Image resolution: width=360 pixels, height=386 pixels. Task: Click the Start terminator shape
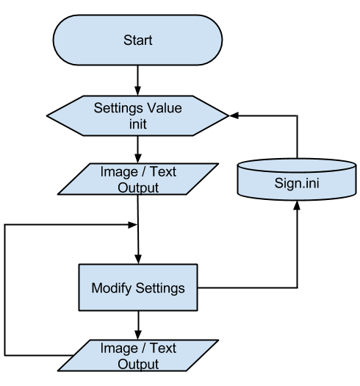click(138, 40)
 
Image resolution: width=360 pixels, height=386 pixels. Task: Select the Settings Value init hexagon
click(138, 115)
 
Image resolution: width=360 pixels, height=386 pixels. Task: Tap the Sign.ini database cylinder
click(297, 179)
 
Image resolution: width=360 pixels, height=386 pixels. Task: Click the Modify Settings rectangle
click(138, 287)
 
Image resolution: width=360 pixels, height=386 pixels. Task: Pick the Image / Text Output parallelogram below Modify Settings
click(138, 355)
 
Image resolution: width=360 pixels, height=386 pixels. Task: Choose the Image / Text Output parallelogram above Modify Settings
click(138, 179)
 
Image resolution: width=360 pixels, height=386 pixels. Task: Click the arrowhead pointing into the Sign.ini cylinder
click(297, 205)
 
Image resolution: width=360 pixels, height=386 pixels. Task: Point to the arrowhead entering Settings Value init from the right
click(234, 115)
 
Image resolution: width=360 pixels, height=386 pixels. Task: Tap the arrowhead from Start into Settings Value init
click(138, 91)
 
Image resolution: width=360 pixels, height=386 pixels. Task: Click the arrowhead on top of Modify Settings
click(138, 260)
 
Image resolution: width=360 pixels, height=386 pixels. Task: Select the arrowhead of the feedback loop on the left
click(132, 224)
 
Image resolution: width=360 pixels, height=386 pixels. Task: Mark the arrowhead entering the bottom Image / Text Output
click(138, 335)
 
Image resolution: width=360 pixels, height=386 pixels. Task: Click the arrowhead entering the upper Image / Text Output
click(138, 158)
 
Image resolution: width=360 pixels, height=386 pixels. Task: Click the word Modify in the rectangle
click(111, 288)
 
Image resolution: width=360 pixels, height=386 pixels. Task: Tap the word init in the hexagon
click(138, 124)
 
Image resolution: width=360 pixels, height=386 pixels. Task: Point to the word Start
click(138, 40)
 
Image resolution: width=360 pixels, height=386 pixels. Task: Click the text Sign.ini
click(297, 183)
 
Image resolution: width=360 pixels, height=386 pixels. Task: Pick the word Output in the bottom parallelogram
click(138, 364)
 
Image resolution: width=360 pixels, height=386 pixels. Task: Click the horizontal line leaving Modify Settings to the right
click(248, 287)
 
